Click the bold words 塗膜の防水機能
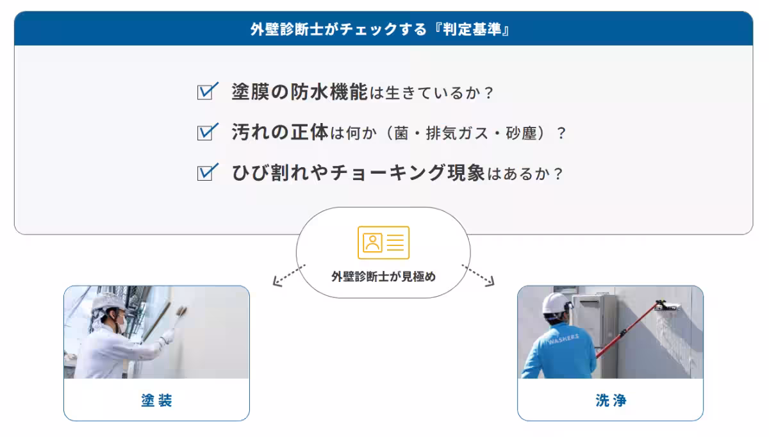[x=299, y=92]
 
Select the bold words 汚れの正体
[x=279, y=133]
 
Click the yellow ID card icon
[x=383, y=242]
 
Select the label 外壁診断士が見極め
[x=383, y=277]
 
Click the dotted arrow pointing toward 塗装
[x=289, y=275]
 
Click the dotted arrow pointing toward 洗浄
[x=478, y=275]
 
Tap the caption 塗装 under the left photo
[x=156, y=401]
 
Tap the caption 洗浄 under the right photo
[x=610, y=401]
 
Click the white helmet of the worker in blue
[x=556, y=302]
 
